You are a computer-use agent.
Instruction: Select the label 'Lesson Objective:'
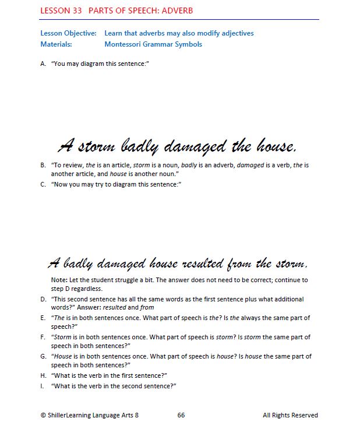(68, 33)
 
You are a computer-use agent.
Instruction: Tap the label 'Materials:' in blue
(57, 44)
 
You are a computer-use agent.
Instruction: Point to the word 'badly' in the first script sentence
(139, 145)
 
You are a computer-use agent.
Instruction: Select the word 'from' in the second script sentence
(241, 264)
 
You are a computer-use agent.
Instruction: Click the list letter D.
(43, 299)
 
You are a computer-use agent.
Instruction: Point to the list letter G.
(43, 356)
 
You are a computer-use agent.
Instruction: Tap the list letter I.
(43, 386)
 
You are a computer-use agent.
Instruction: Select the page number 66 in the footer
(181, 415)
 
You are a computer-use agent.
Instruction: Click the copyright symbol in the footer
(43, 415)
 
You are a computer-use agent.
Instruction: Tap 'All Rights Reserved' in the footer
(290, 415)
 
